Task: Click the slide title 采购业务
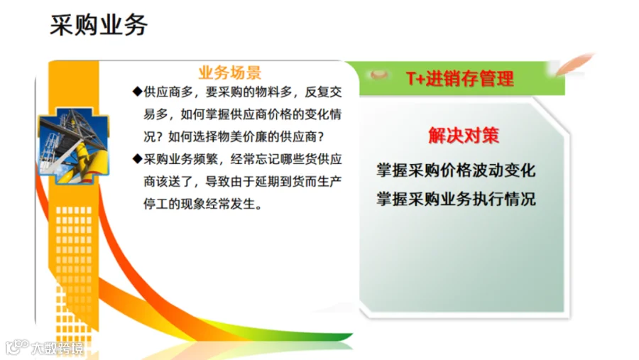(99, 25)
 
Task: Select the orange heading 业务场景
(230, 72)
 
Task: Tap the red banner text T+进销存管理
(460, 78)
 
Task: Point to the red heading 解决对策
(464, 136)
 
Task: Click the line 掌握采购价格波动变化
(456, 170)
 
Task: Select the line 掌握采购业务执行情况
(456, 199)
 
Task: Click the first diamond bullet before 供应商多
(137, 92)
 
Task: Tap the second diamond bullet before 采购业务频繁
(137, 158)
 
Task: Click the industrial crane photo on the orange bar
(74, 146)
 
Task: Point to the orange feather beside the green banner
(574, 64)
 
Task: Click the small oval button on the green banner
(378, 75)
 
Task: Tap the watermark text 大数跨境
(58, 349)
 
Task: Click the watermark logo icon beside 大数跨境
(17, 347)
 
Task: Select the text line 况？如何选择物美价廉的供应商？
(234, 136)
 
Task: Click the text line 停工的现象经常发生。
(202, 204)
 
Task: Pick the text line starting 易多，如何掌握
(243, 114)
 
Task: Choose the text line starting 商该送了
(243, 181)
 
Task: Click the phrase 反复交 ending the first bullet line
(323, 92)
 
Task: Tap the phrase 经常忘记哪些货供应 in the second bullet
(286, 158)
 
